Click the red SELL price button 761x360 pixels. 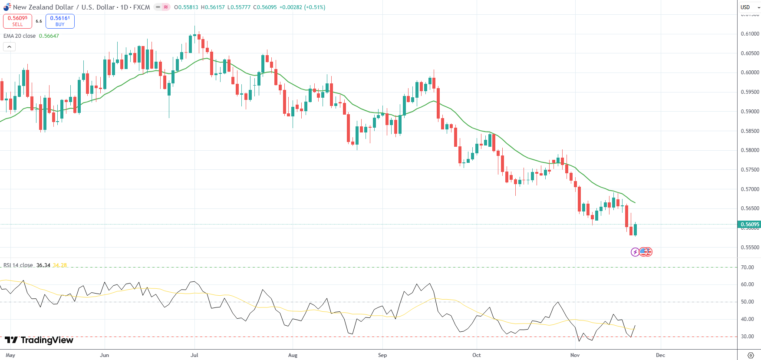17,21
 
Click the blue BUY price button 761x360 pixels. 60,21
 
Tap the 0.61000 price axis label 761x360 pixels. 750,34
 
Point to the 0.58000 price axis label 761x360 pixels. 750,150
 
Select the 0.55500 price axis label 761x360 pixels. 750,248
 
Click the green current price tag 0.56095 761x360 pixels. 749,225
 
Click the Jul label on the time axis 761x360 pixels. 194,355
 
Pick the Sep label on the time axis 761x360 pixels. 382,355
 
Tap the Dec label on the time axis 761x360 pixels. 660,355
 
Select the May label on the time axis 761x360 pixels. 10,355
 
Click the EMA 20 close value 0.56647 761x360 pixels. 49,36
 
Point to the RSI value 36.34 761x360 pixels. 43,265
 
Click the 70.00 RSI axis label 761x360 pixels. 747,268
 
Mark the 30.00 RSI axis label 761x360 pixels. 747,337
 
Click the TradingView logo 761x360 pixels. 39,340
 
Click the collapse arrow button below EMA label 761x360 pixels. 9,46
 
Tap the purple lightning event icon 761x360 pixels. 635,252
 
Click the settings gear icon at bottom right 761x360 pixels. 751,355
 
